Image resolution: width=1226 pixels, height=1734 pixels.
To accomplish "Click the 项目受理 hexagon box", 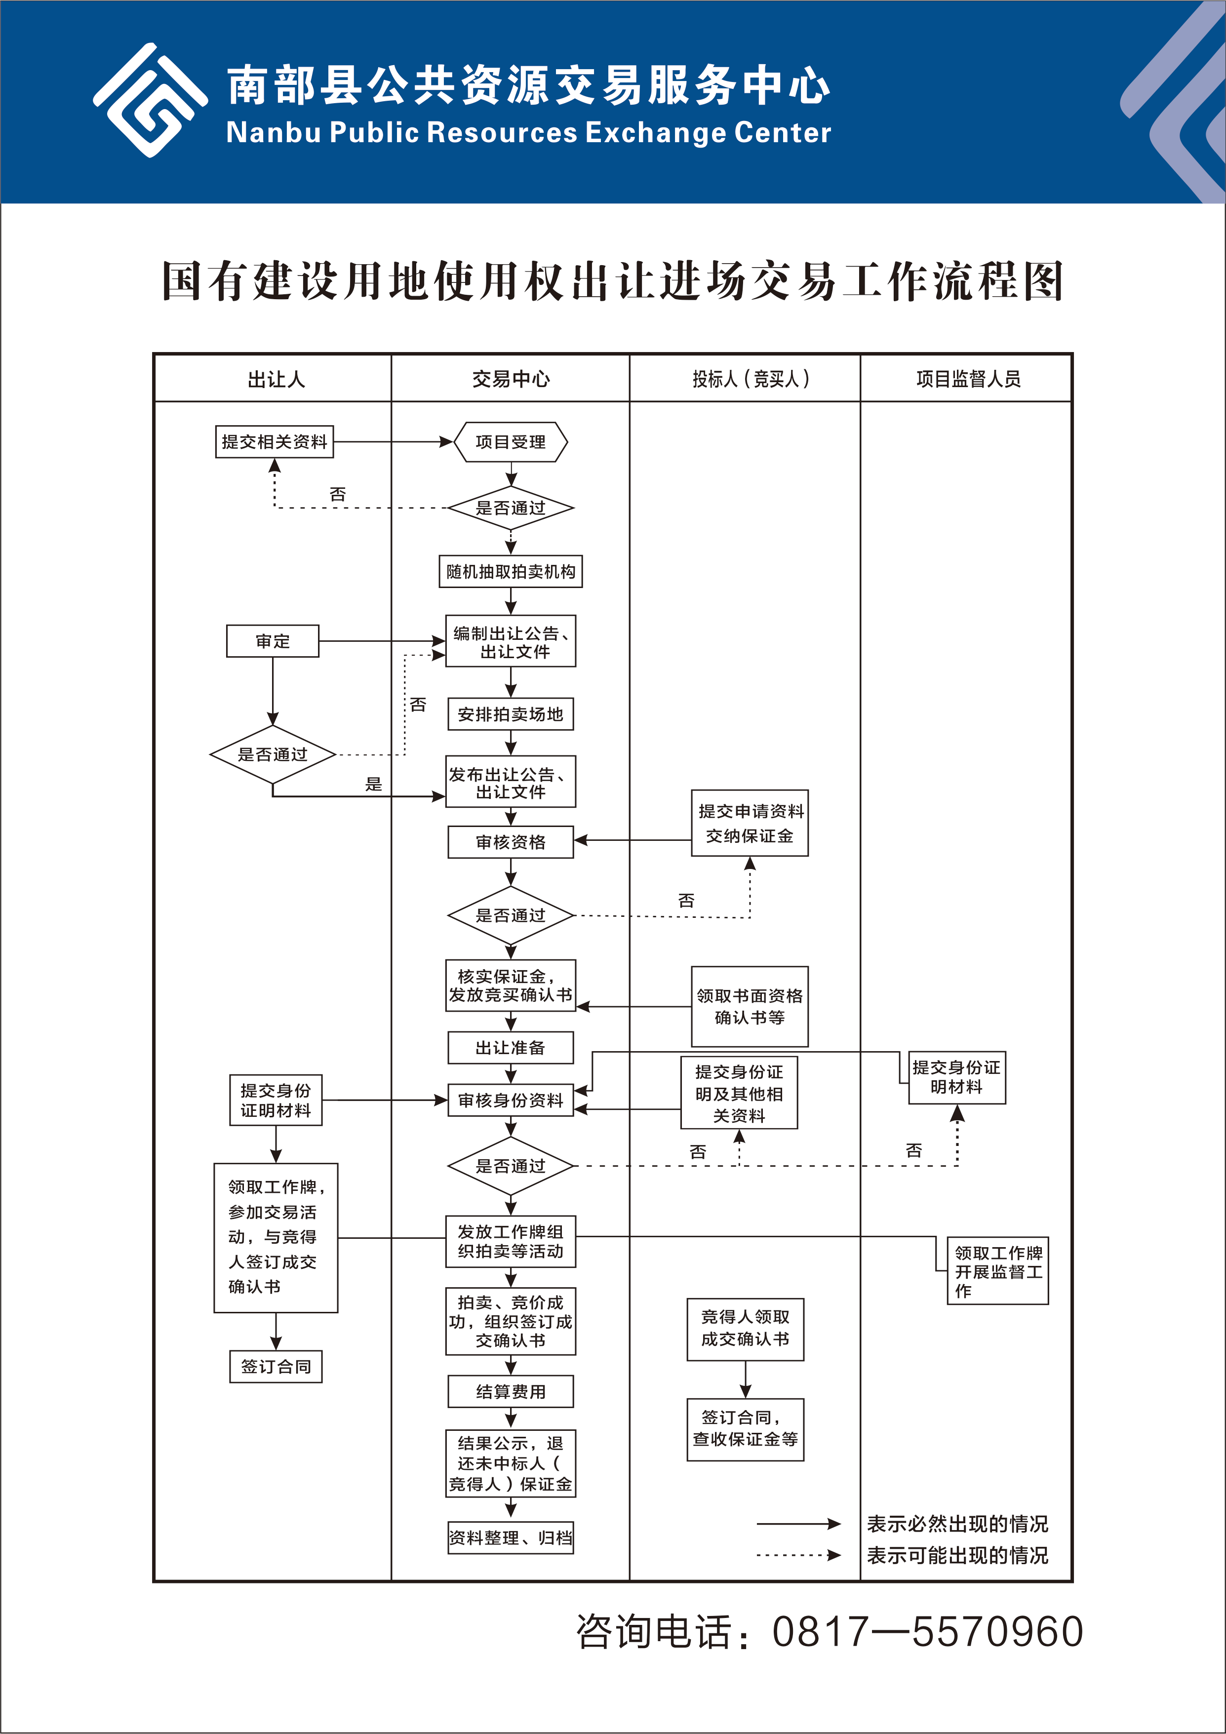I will coord(511,442).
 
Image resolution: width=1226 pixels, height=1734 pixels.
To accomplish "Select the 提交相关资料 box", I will coord(274,442).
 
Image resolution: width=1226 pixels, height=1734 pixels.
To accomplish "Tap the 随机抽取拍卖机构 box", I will coord(511,572).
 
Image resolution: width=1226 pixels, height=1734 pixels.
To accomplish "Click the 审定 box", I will coord(273,641).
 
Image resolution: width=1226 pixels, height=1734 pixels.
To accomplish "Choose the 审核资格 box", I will coord(511,842).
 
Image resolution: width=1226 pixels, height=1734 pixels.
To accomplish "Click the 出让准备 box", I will coord(511,1048).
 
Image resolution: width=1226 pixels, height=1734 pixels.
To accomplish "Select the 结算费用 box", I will coord(511,1391).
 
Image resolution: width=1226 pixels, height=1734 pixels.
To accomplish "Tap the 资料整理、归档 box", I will coord(511,1537).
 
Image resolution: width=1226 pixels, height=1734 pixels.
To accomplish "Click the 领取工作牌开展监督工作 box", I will coord(998,1271).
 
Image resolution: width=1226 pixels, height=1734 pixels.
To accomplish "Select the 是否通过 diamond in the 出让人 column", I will coord(273,754).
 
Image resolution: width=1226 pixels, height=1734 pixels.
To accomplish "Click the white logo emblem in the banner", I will coord(150,100).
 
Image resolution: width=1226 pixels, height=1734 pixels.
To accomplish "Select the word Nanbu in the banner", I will coord(274,133).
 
